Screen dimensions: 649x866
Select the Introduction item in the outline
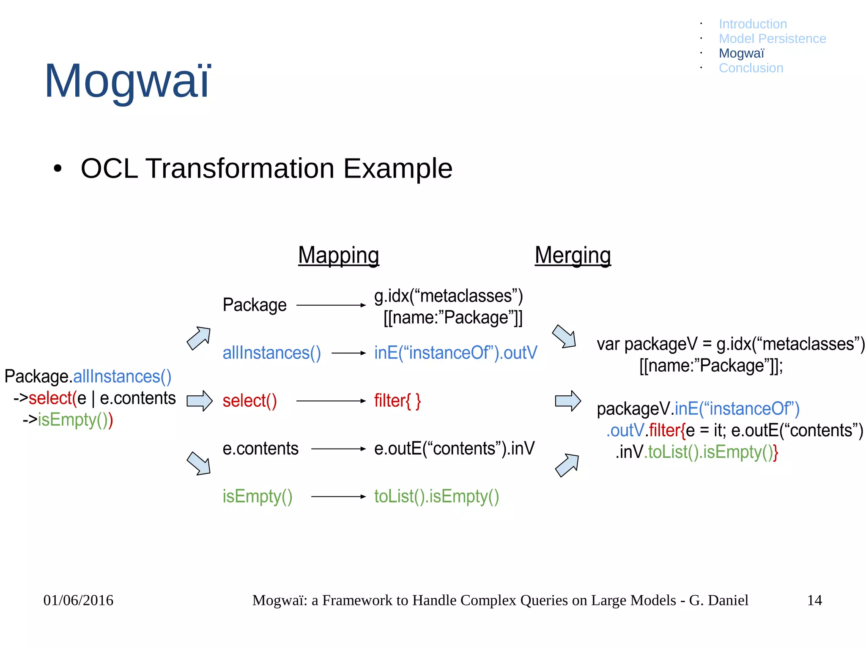753,24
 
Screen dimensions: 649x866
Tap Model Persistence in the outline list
772,38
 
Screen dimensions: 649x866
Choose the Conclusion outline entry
751,68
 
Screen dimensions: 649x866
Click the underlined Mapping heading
338,255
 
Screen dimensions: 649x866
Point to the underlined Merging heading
573,255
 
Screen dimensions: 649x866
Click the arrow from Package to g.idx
331,305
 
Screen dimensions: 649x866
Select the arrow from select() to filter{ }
331,400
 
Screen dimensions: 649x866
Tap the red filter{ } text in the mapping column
397,401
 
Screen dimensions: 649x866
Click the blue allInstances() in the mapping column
271,353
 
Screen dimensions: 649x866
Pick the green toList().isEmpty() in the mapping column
436,496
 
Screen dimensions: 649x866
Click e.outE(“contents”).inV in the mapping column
454,449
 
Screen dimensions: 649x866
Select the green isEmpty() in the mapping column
257,496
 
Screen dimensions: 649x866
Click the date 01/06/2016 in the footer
78,600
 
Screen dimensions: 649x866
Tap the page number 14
814,600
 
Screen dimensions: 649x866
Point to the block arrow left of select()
199,400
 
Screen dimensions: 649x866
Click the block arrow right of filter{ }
567,400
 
